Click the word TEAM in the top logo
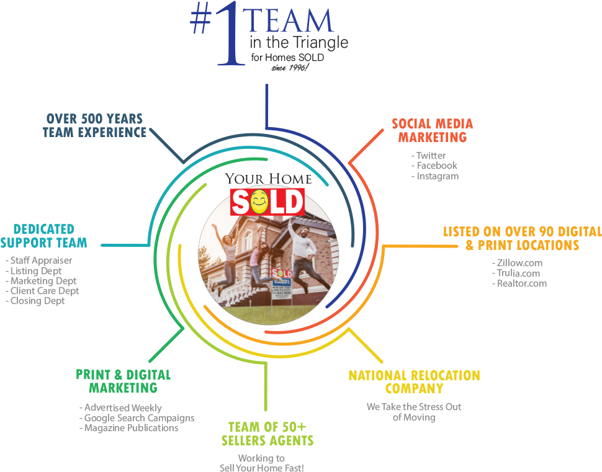click(x=290, y=21)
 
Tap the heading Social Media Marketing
click(x=432, y=130)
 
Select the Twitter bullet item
click(x=429, y=156)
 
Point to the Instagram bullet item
click(x=435, y=176)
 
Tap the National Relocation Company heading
click(x=414, y=382)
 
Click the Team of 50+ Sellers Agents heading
click(x=267, y=434)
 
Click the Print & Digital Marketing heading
click(x=123, y=381)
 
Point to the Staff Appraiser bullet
click(x=39, y=260)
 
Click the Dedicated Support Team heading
click(x=43, y=236)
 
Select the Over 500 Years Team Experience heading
click(x=94, y=125)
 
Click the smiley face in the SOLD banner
click(x=260, y=202)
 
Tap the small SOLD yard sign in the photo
click(x=282, y=274)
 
